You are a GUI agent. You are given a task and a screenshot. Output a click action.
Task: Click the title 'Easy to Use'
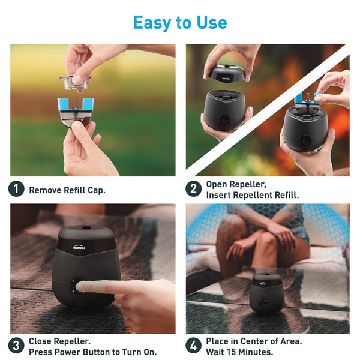click(179, 22)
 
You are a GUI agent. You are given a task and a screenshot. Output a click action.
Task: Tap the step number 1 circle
click(16, 189)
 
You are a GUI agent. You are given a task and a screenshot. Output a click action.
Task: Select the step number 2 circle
click(193, 189)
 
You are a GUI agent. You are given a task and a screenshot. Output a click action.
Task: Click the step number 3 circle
click(16, 346)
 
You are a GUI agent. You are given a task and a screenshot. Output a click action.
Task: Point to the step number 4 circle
click(193, 346)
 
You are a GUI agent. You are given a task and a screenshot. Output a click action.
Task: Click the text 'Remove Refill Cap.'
click(67, 190)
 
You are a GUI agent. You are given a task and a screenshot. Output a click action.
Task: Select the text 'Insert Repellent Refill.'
click(252, 195)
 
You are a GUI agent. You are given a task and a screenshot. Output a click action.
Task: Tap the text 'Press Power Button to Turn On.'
click(92, 352)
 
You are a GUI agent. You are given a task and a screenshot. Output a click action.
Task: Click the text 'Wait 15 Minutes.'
click(239, 352)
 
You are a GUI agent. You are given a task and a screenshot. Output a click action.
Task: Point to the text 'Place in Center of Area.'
click(254, 341)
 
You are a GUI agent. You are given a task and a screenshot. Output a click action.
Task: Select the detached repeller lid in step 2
click(226, 73)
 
